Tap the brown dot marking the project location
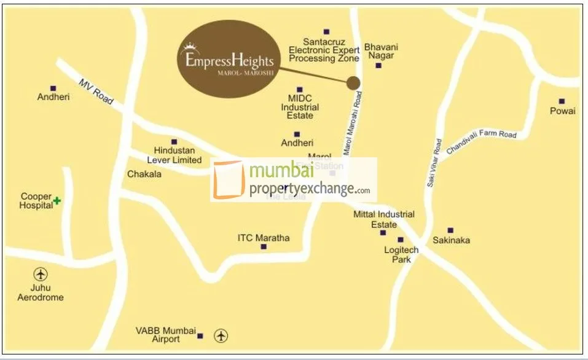[353, 83]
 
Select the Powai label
[563, 111]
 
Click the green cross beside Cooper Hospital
[57, 200]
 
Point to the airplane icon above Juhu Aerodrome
[41, 275]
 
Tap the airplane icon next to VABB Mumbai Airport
[221, 335]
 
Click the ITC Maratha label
[264, 238]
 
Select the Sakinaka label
[451, 240]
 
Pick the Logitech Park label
[401, 254]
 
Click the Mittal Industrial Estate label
[384, 219]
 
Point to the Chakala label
[144, 174]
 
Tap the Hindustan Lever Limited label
[178, 155]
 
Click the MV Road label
[96, 92]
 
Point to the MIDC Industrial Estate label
[300, 106]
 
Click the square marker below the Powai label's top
[562, 101]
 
